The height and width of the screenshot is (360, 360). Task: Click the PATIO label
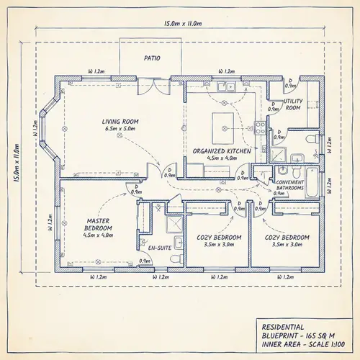152,58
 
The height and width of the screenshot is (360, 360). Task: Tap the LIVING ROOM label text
121,122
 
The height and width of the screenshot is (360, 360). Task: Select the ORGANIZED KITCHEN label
222,151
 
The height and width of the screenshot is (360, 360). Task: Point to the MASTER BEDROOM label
97,224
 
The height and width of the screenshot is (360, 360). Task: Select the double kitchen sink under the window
230,87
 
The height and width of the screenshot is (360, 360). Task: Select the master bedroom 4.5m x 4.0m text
97,235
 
